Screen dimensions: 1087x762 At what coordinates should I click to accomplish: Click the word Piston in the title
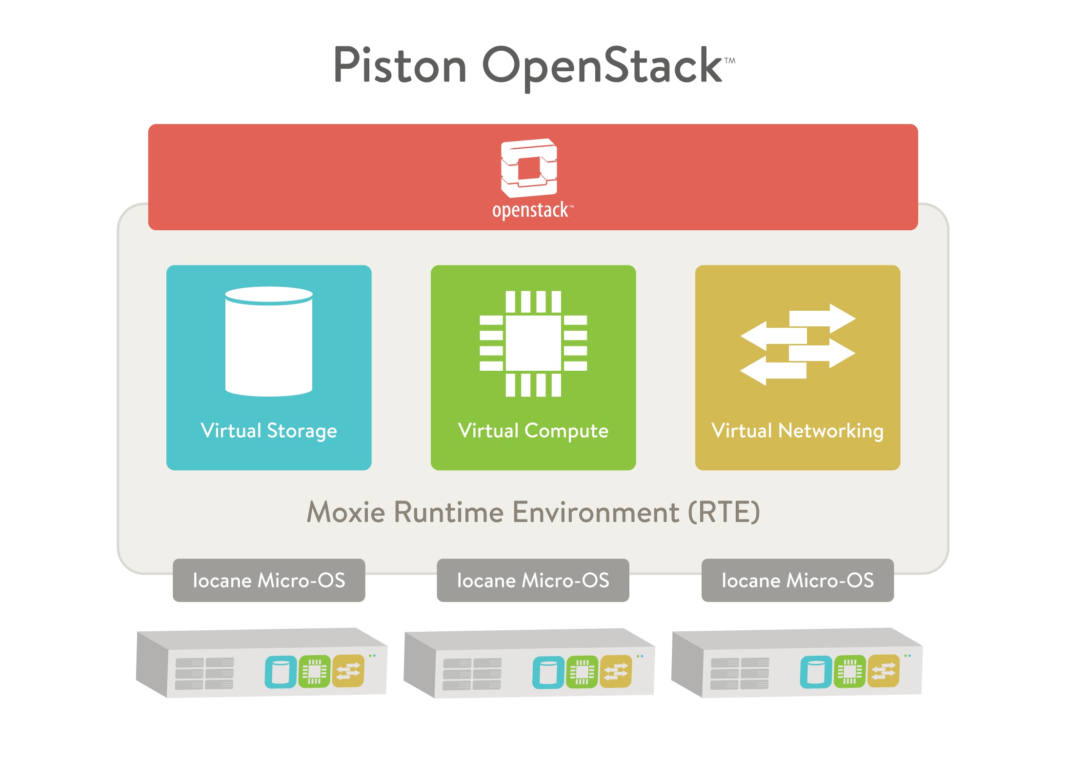tap(400, 65)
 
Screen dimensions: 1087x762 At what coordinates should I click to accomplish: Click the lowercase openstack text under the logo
tap(532, 210)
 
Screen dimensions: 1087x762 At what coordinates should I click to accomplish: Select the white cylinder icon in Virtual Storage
tap(269, 341)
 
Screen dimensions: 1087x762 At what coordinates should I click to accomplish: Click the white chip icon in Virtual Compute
tap(533, 343)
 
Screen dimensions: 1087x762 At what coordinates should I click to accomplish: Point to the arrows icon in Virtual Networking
tap(798, 344)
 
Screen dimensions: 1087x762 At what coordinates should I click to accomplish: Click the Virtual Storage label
tap(269, 431)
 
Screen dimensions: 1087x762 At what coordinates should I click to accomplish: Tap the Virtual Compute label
tap(533, 431)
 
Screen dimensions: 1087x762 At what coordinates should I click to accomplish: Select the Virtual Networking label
tap(798, 431)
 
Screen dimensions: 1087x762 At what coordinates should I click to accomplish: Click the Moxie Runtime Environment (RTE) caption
tap(533, 512)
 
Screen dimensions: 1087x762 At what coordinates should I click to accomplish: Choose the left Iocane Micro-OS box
tap(269, 580)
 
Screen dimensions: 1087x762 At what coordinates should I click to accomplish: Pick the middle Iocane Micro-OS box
tap(533, 580)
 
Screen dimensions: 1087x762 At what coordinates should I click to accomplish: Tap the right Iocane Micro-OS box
tap(798, 580)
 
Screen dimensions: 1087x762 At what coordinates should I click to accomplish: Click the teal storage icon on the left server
tap(281, 672)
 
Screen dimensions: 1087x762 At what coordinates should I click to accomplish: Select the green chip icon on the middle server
tap(582, 672)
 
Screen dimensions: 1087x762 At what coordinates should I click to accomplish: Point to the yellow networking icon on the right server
tap(884, 671)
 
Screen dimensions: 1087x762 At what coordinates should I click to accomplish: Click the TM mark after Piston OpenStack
tap(730, 61)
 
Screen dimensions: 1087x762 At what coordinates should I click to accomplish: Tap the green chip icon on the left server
tap(314, 672)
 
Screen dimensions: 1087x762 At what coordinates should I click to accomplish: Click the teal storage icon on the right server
tap(816, 672)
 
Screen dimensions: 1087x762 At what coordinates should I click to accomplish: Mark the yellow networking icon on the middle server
tap(616, 671)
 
